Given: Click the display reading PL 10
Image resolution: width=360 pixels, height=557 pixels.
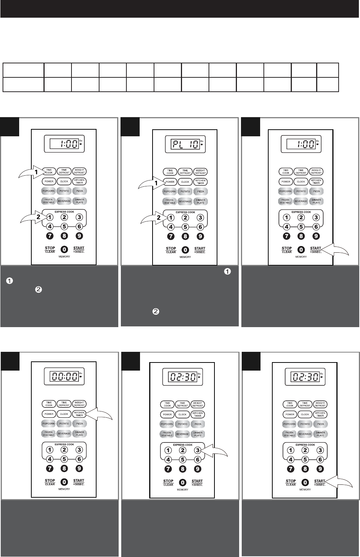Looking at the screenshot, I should click(184, 144).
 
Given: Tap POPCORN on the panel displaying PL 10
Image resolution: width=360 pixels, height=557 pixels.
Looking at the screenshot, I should click(170, 192).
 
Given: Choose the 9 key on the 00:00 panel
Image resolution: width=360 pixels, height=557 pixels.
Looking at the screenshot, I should click(79, 469).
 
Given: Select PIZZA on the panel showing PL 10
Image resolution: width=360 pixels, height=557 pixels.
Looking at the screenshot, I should click(200, 192).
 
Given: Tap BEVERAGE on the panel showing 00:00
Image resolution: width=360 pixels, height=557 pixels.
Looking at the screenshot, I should click(64, 434).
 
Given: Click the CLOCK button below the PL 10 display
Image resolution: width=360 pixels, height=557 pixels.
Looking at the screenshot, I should click(185, 182).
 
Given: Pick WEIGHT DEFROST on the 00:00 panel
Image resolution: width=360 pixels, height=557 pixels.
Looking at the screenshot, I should click(79, 404).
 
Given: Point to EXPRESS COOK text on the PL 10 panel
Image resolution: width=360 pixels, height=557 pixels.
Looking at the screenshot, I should click(185, 213).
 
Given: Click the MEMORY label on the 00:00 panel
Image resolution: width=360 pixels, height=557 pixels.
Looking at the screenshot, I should click(64, 489).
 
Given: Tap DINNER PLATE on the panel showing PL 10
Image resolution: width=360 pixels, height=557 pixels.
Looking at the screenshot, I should click(200, 201).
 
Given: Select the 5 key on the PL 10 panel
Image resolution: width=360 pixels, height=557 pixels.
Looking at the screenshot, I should click(185, 227).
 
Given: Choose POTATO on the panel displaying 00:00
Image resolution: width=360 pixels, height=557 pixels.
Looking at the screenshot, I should click(64, 424).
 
